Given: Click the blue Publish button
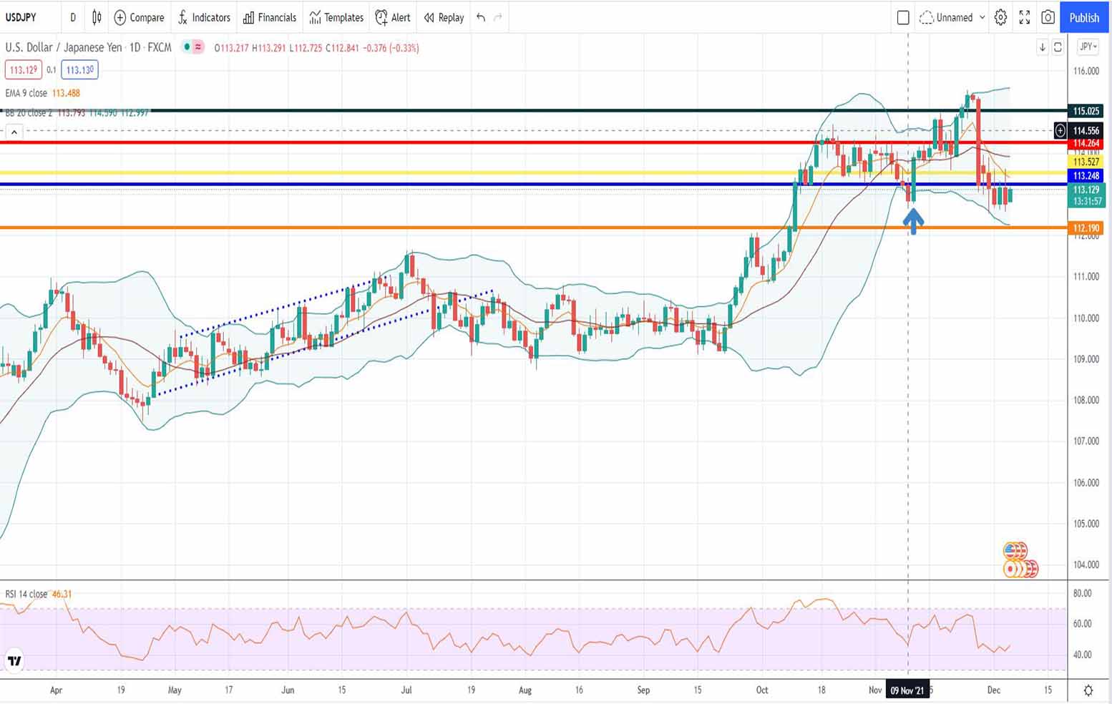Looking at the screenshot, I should (1084, 17).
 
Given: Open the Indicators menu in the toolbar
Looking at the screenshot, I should (204, 17).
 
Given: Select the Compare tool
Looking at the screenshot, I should (139, 17).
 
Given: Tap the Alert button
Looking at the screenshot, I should (393, 17).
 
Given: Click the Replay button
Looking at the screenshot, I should (444, 17).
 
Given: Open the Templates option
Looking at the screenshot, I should (336, 17).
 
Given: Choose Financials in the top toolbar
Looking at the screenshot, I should (269, 17).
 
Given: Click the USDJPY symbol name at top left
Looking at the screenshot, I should (21, 17).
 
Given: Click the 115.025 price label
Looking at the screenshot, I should (1086, 111).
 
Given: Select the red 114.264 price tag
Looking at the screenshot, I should (1086, 144).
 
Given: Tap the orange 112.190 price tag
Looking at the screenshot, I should (1086, 228).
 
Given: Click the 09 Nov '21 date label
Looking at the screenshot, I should (907, 690).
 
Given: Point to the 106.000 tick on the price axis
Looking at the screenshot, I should (1086, 482).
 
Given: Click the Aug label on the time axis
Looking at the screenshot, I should (525, 690).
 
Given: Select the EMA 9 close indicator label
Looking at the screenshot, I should (26, 93).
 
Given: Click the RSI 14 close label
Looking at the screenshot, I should (26, 594).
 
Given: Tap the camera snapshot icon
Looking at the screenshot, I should (1048, 17).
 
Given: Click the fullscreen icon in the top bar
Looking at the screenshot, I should (1024, 17).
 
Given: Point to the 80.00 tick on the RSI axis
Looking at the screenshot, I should (1082, 593).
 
